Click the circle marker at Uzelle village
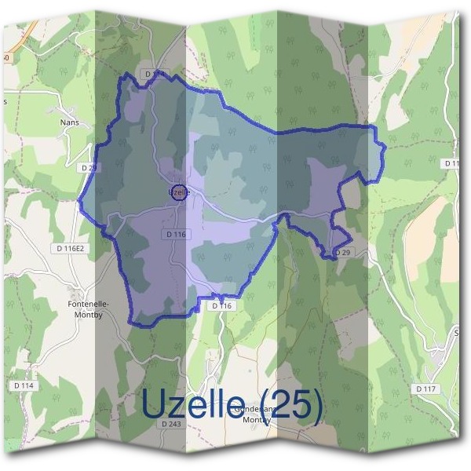coord(179,192)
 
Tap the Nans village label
coord(70,123)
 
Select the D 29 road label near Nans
coord(89,167)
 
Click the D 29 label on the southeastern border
coord(341,253)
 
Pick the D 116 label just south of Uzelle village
coord(177,235)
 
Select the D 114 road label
coord(24,385)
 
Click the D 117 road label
coord(426,389)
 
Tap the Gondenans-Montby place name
coord(254,414)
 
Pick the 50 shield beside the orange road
coord(5,58)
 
